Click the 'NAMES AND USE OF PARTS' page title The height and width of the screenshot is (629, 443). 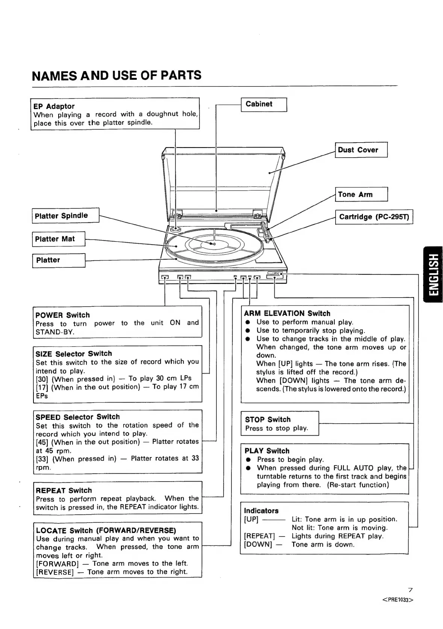(116, 75)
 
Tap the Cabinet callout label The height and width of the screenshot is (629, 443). (263, 104)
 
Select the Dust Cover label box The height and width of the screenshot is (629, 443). (361, 150)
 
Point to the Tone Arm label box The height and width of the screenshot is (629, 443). (361, 194)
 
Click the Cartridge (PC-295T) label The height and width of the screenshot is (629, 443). (374, 217)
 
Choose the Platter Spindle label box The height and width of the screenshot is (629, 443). (65, 216)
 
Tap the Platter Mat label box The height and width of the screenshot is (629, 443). (59, 239)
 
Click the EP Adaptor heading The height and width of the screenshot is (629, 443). (54, 106)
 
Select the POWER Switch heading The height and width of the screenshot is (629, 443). (63, 315)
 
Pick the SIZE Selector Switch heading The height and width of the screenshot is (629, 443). (74, 354)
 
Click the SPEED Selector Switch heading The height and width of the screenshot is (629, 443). (78, 417)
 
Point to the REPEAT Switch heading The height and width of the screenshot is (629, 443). (64, 491)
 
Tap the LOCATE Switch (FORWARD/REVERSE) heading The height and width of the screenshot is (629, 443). (106, 530)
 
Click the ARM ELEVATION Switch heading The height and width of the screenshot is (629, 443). (287, 313)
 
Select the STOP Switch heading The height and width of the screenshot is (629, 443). (268, 419)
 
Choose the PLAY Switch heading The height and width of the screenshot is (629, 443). (267, 451)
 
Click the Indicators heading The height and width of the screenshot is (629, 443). (261, 511)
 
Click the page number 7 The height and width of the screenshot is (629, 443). (410, 590)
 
